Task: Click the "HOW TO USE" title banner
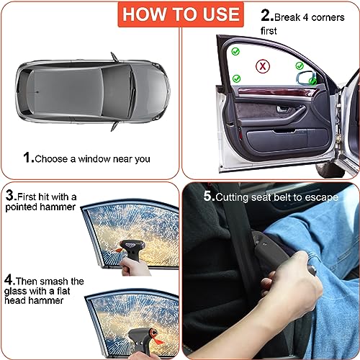pos(179,14)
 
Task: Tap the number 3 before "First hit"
pos(11,195)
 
